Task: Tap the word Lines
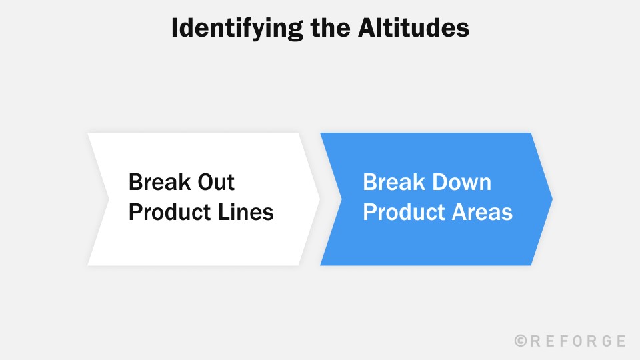(247, 212)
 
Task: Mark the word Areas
(483, 212)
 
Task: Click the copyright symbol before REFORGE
(521, 341)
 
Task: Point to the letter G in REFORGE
(605, 341)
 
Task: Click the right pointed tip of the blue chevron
(551, 199)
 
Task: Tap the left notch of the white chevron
(108, 199)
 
